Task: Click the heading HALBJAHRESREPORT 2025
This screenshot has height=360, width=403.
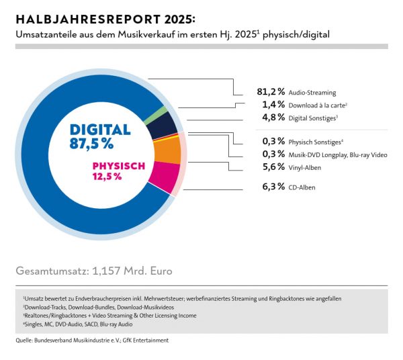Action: (x=105, y=19)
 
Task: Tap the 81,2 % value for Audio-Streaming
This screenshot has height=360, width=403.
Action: (x=271, y=91)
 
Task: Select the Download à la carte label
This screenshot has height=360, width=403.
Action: (x=318, y=105)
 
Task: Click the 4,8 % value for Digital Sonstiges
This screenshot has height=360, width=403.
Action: (x=273, y=118)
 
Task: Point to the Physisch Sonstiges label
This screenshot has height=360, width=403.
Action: (x=316, y=142)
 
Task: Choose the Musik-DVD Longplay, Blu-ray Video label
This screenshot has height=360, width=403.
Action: (x=338, y=155)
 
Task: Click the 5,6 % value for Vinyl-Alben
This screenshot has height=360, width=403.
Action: (x=273, y=167)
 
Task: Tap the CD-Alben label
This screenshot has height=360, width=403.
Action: (x=302, y=187)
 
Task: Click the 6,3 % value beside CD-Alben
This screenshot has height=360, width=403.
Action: (x=273, y=187)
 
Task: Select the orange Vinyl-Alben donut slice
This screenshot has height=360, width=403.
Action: (x=167, y=151)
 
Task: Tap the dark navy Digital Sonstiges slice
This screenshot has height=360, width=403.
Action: (x=163, y=126)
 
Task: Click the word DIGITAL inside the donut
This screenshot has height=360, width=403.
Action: (x=100, y=130)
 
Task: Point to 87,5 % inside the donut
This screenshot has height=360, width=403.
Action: (x=91, y=144)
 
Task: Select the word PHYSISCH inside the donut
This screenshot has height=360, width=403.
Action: (x=119, y=167)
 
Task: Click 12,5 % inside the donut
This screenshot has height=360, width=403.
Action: (x=107, y=177)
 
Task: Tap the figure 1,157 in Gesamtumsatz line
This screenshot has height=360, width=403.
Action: (x=106, y=271)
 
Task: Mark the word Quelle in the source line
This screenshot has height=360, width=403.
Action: (x=24, y=341)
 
